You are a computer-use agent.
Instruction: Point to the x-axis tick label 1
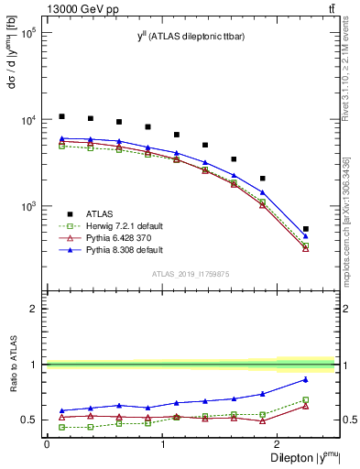[x=162, y=443]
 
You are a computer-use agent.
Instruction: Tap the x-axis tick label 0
[x=47, y=443]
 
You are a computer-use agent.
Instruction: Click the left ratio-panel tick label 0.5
[x=29, y=420]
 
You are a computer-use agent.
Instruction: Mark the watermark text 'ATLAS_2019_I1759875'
[x=191, y=273]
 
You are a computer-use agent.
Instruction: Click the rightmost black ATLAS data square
[x=305, y=229]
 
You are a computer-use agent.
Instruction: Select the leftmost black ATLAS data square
[x=61, y=116]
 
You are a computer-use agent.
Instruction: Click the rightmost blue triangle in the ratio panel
[x=305, y=379]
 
